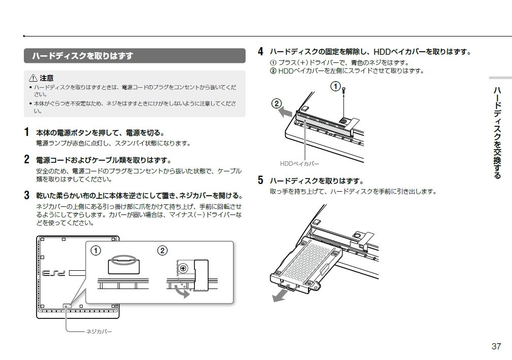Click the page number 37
click(496, 346)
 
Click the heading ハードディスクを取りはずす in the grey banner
click(82, 56)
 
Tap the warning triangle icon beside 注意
click(33, 78)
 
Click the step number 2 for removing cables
click(27, 160)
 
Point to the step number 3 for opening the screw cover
click(27, 195)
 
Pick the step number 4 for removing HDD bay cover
click(261, 52)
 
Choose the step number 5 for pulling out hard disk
click(261, 181)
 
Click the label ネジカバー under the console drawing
click(98, 332)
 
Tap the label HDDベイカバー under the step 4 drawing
click(299, 164)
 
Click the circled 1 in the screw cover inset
click(95, 250)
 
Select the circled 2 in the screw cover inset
click(162, 250)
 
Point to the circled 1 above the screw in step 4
click(335, 86)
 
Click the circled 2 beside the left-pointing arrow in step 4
click(277, 103)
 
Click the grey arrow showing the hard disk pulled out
click(281, 295)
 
